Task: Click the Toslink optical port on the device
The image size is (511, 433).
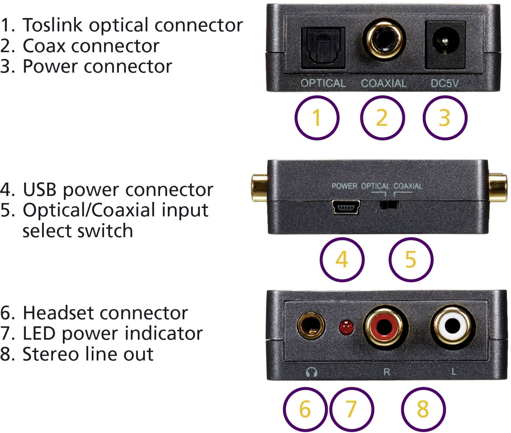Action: pyautogui.click(x=323, y=48)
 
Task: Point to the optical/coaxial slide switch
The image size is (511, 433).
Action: pyautogui.click(x=389, y=204)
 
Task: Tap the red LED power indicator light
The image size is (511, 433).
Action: pyautogui.click(x=346, y=327)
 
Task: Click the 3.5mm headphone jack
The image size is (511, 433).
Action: pyautogui.click(x=311, y=326)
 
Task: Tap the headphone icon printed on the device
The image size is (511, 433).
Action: pyautogui.click(x=312, y=372)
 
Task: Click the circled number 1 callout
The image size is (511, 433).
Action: pyautogui.click(x=317, y=118)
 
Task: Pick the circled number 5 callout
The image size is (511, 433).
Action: pyautogui.click(x=411, y=260)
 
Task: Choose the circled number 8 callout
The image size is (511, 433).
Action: pyautogui.click(x=423, y=409)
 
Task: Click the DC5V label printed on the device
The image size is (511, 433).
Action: pyautogui.click(x=444, y=83)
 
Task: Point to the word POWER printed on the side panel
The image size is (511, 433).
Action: pyautogui.click(x=344, y=186)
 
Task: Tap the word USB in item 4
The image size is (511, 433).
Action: pyautogui.click(x=40, y=189)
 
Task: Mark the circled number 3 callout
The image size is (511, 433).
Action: pyautogui.click(x=445, y=118)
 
